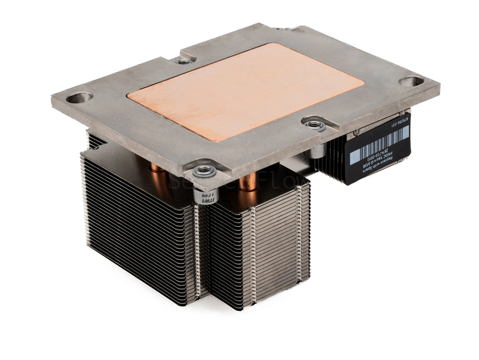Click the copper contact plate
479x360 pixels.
tap(245, 90)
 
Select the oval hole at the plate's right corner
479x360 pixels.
tap(411, 81)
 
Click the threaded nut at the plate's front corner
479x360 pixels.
tap(204, 170)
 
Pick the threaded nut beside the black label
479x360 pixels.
tap(313, 125)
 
